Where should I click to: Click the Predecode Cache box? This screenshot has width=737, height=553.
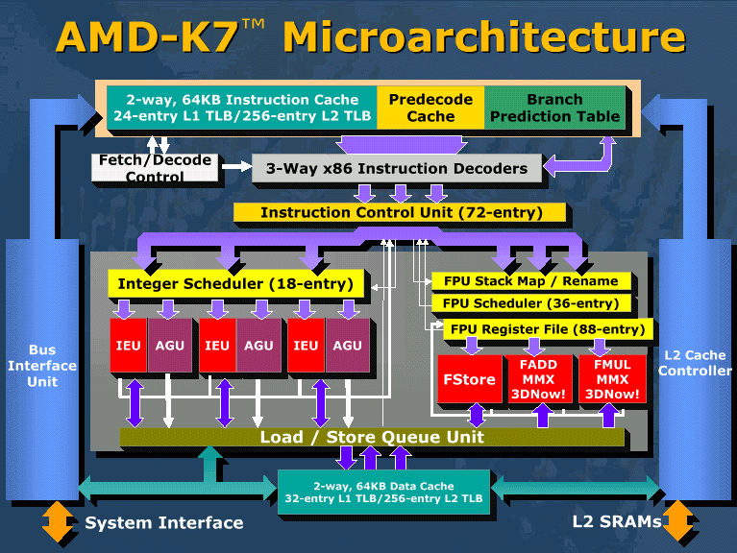(430, 108)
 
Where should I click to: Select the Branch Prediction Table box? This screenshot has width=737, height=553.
(554, 108)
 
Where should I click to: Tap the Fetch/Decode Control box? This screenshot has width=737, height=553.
(155, 168)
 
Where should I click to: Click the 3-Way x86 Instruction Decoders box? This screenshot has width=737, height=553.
(397, 168)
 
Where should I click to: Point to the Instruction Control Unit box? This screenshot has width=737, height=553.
(400, 213)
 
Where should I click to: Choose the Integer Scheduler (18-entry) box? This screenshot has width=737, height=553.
(236, 283)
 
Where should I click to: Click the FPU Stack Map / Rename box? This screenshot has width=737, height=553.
(531, 281)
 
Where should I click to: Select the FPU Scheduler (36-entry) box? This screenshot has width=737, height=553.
(531, 303)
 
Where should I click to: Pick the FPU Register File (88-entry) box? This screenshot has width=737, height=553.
(548, 329)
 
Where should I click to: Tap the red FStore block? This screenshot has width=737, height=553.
(470, 379)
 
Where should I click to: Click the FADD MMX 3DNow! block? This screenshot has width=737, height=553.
(539, 379)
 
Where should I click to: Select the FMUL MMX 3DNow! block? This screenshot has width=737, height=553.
(612, 379)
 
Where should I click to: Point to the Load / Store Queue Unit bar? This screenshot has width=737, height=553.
(372, 437)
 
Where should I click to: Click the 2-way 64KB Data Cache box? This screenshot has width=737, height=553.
(383, 492)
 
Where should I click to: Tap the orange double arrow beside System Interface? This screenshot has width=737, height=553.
(58, 521)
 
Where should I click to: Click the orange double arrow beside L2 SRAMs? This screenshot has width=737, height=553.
(677, 521)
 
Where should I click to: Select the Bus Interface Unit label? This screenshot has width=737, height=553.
(42, 366)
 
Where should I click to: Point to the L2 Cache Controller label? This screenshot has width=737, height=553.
(695, 363)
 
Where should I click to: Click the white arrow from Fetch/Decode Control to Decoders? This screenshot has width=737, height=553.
(237, 166)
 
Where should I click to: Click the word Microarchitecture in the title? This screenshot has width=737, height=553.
(484, 37)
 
